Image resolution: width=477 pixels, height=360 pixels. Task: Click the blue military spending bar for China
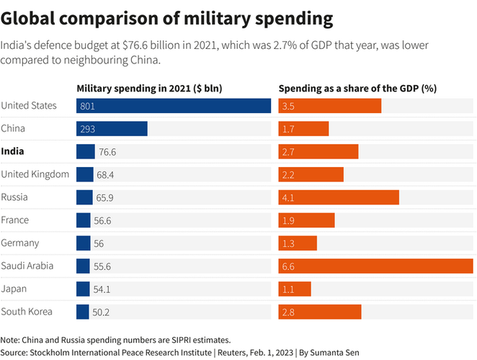(x=112, y=129)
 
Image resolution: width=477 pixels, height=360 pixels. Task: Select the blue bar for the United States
(x=174, y=106)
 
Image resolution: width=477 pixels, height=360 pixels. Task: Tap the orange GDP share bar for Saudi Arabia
(x=375, y=266)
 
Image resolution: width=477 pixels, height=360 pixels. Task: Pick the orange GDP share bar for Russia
(x=339, y=197)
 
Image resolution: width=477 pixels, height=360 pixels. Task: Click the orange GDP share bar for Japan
(x=295, y=289)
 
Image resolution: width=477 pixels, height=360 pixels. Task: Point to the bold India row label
(x=12, y=151)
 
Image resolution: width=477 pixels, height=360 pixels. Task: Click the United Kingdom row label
(x=35, y=174)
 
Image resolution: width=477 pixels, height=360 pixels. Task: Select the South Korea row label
(x=27, y=312)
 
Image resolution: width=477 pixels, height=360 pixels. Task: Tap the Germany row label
(x=20, y=243)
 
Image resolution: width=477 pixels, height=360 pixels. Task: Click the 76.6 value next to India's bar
(x=107, y=152)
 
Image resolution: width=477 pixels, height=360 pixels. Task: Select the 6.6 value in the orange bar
(x=288, y=266)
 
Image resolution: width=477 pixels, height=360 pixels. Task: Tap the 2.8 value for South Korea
(x=288, y=312)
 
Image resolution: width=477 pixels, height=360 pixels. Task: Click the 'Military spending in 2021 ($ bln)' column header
(x=149, y=89)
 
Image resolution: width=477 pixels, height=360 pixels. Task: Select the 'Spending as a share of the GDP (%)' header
(x=358, y=89)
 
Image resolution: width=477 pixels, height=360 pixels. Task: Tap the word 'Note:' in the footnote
(x=11, y=339)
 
